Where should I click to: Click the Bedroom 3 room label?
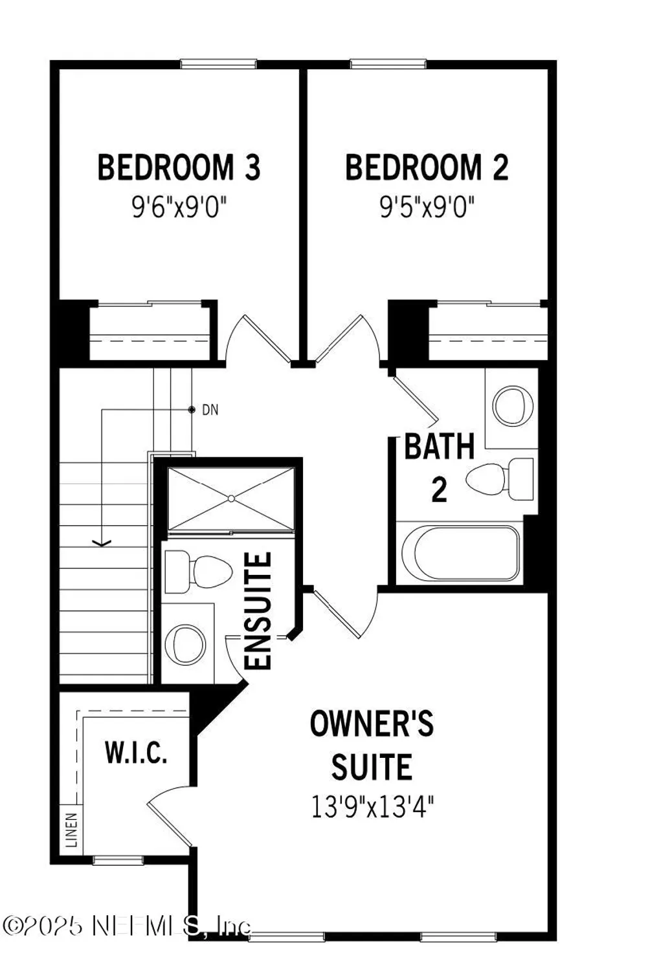[179, 167]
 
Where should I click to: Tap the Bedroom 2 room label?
[427, 167]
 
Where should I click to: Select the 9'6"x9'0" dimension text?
[179, 208]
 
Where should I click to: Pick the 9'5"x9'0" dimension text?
[427, 208]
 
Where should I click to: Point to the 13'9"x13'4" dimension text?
[372, 807]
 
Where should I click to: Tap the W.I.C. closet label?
[136, 753]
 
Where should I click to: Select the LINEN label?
[71, 830]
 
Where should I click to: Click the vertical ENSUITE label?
[258, 610]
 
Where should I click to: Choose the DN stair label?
[210, 410]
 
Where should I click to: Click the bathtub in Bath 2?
[460, 554]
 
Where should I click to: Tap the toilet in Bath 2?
[498, 479]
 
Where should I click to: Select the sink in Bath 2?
[513, 405]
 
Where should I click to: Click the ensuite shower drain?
[231, 498]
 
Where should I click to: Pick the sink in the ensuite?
[186, 644]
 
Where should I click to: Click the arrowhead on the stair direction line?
[102, 543]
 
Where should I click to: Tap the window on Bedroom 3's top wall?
[218, 64]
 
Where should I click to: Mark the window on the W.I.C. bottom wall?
[118, 860]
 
